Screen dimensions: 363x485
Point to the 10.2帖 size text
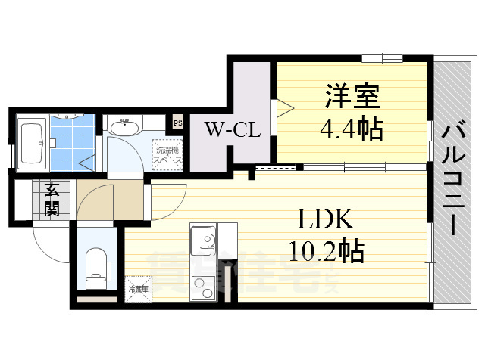[326, 250]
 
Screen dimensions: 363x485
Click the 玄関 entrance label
[52, 199]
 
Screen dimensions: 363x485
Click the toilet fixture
[95, 268]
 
